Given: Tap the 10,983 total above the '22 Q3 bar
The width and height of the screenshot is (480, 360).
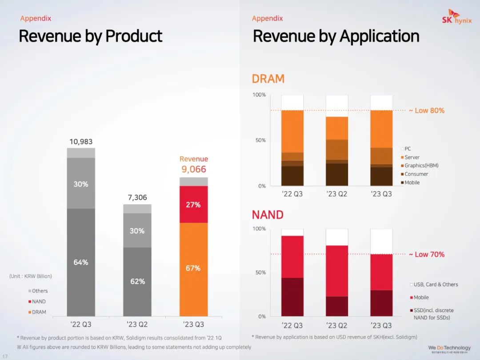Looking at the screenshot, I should coord(81,142).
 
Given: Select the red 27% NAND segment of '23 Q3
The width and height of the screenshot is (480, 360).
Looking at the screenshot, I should coord(193,204).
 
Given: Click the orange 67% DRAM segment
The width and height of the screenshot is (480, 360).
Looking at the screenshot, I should coord(193,268).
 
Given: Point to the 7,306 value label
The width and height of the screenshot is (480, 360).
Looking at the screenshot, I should coord(137,197).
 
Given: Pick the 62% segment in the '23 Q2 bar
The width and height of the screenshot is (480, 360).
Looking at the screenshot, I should coord(137,281).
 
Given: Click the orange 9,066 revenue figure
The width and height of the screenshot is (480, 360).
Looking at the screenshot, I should coord(194,169).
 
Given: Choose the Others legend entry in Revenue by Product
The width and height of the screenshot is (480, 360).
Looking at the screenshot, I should coord(40,291).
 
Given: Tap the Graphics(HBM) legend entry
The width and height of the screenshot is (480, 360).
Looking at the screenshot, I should coord(421,165).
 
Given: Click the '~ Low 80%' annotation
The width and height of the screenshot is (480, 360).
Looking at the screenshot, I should coord(426,111).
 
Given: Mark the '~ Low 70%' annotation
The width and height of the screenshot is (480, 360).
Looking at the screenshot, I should coord(426,254).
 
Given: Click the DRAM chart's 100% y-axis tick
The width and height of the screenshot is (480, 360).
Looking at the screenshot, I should coord(259,95).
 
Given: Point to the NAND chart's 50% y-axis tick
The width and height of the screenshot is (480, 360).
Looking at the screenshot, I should coord(260,272).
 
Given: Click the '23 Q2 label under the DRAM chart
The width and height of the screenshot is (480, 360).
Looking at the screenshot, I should coord(336,194).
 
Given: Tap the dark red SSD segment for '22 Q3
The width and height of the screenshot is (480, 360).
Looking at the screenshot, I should coord(292,297).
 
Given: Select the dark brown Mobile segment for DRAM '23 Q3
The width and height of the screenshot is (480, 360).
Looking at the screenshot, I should coord(381,176).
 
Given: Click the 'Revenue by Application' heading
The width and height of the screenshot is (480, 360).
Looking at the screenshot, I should coord(336,36).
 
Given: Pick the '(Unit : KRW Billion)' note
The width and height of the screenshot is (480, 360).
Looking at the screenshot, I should coord(31,276).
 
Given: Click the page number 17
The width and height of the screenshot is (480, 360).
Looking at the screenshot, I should coord(5,356).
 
